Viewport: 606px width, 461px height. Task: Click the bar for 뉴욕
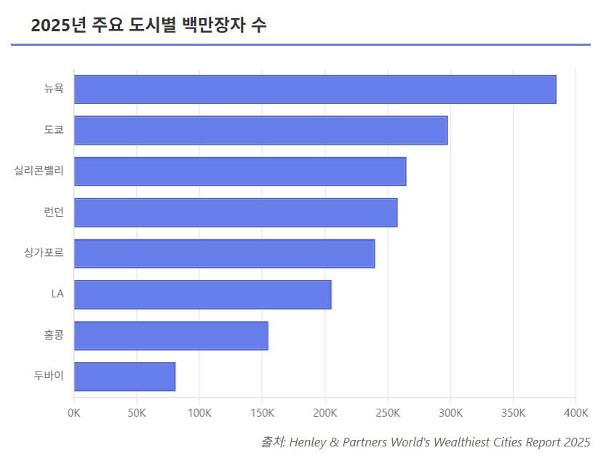click(x=315, y=89)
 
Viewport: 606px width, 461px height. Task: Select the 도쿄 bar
click(x=260, y=130)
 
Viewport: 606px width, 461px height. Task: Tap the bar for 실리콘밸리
click(x=240, y=171)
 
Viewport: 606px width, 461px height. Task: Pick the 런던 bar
click(x=236, y=212)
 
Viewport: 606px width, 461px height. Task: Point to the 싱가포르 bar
click(x=224, y=253)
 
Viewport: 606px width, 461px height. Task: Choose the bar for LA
click(x=202, y=294)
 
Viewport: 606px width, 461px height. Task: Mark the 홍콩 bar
click(x=171, y=335)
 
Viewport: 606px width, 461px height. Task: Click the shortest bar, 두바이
click(x=124, y=377)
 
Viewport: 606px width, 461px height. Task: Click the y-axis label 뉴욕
click(x=54, y=89)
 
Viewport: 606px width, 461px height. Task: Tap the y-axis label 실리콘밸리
click(x=39, y=171)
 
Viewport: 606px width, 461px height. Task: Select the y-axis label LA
click(x=57, y=294)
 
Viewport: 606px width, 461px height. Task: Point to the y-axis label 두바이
click(x=49, y=377)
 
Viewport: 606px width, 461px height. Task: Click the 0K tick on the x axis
click(x=73, y=413)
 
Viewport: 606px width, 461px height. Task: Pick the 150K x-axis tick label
click(x=262, y=413)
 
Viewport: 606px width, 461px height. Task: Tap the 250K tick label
click(x=388, y=413)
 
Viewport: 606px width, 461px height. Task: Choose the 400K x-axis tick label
click(x=575, y=413)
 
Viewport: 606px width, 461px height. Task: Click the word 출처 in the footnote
click(x=272, y=442)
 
